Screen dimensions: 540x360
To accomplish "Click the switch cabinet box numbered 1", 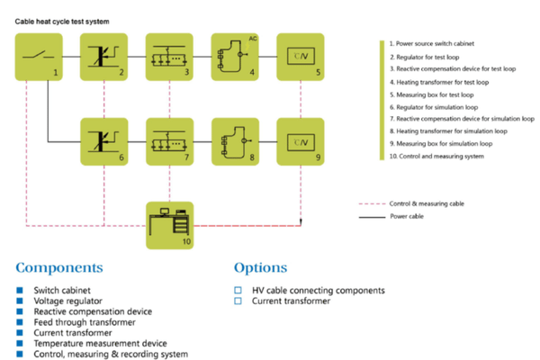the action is (x=39, y=57).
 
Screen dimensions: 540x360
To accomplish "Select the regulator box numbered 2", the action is (x=104, y=57).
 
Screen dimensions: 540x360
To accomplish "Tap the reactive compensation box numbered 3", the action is (x=169, y=57).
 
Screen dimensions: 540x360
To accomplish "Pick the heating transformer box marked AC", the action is (x=235, y=57).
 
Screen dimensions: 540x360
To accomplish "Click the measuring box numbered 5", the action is (x=301, y=57).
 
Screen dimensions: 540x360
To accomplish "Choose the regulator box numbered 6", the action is (x=104, y=141).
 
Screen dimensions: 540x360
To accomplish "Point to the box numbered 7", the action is (x=170, y=141).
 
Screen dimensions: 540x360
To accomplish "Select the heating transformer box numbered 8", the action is (x=235, y=141).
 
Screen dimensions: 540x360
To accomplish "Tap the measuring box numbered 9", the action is (x=301, y=141).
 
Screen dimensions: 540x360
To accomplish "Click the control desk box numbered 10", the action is (x=170, y=225).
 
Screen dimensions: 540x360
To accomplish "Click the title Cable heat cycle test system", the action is (x=62, y=22).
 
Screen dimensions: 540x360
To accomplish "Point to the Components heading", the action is (x=59, y=267).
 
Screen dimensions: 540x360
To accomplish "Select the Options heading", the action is (x=260, y=267).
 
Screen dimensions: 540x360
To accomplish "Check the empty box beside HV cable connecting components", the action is (x=238, y=290).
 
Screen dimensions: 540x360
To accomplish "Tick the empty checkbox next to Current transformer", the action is (x=238, y=301).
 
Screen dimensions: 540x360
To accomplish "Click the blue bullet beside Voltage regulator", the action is (x=20, y=301).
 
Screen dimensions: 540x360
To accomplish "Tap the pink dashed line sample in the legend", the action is (x=372, y=204).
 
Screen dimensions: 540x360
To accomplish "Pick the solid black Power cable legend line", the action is (x=372, y=217).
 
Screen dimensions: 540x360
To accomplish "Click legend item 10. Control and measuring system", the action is (x=436, y=156).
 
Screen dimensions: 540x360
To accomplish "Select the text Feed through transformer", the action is (x=85, y=322).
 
